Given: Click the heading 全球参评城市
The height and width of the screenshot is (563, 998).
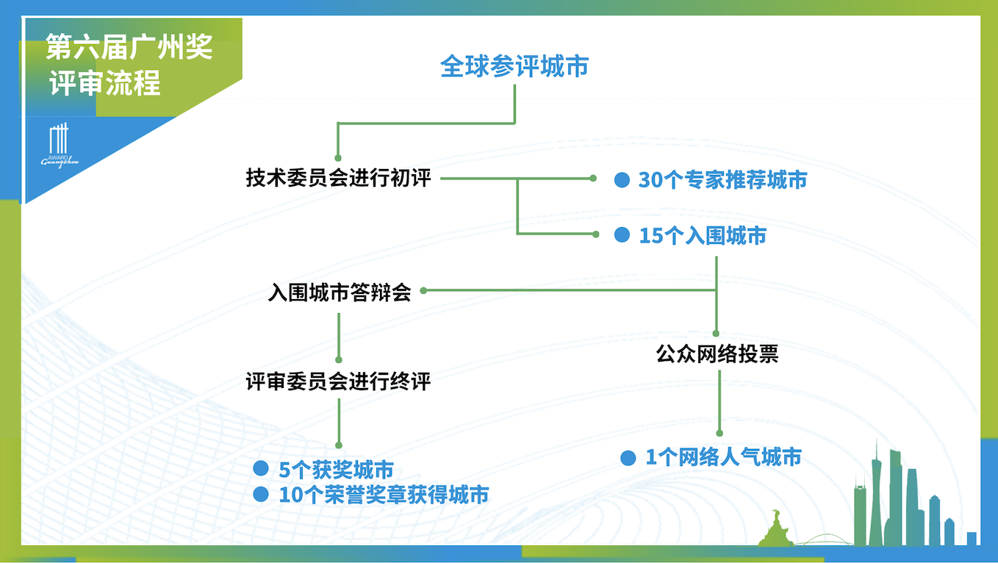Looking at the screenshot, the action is pyautogui.click(x=514, y=66).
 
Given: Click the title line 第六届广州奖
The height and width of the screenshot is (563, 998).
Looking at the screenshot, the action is pyautogui.click(x=129, y=47).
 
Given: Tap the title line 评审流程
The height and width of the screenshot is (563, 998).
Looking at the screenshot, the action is pyautogui.click(x=104, y=83).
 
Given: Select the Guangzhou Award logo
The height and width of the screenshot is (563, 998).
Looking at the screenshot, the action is pyautogui.click(x=60, y=146).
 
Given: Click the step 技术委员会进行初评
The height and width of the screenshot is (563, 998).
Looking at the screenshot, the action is pyautogui.click(x=339, y=178).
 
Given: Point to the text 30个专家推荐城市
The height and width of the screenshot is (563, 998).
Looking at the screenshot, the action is pyautogui.click(x=722, y=180).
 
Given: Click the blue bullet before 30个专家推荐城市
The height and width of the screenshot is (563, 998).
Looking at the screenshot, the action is pyautogui.click(x=622, y=180).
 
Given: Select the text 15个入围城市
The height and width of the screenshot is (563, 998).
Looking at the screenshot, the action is pyautogui.click(x=703, y=236).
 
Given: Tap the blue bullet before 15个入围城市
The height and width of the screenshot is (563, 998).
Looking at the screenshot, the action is pyautogui.click(x=622, y=234).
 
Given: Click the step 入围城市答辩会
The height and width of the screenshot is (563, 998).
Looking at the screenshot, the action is pyautogui.click(x=340, y=293).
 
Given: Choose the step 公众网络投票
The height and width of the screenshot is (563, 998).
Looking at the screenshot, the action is pyautogui.click(x=717, y=354).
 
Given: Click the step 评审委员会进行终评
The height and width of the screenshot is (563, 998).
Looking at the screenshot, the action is pyautogui.click(x=339, y=381).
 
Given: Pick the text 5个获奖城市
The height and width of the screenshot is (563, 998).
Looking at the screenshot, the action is pyautogui.click(x=337, y=470).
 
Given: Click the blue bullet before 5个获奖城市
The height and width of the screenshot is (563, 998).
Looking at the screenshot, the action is pyautogui.click(x=261, y=468).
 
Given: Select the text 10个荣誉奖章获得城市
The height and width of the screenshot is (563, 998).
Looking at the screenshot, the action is pyautogui.click(x=384, y=495).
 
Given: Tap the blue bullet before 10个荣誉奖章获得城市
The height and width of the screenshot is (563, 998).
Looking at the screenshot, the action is pyautogui.click(x=261, y=494).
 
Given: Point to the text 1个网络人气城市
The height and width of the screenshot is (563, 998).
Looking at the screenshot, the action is pyautogui.click(x=724, y=457).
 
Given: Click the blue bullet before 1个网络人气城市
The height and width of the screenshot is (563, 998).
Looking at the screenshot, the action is pyautogui.click(x=628, y=458).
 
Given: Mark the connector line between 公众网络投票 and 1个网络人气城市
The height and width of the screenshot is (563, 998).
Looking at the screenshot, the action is pyautogui.click(x=719, y=403).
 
